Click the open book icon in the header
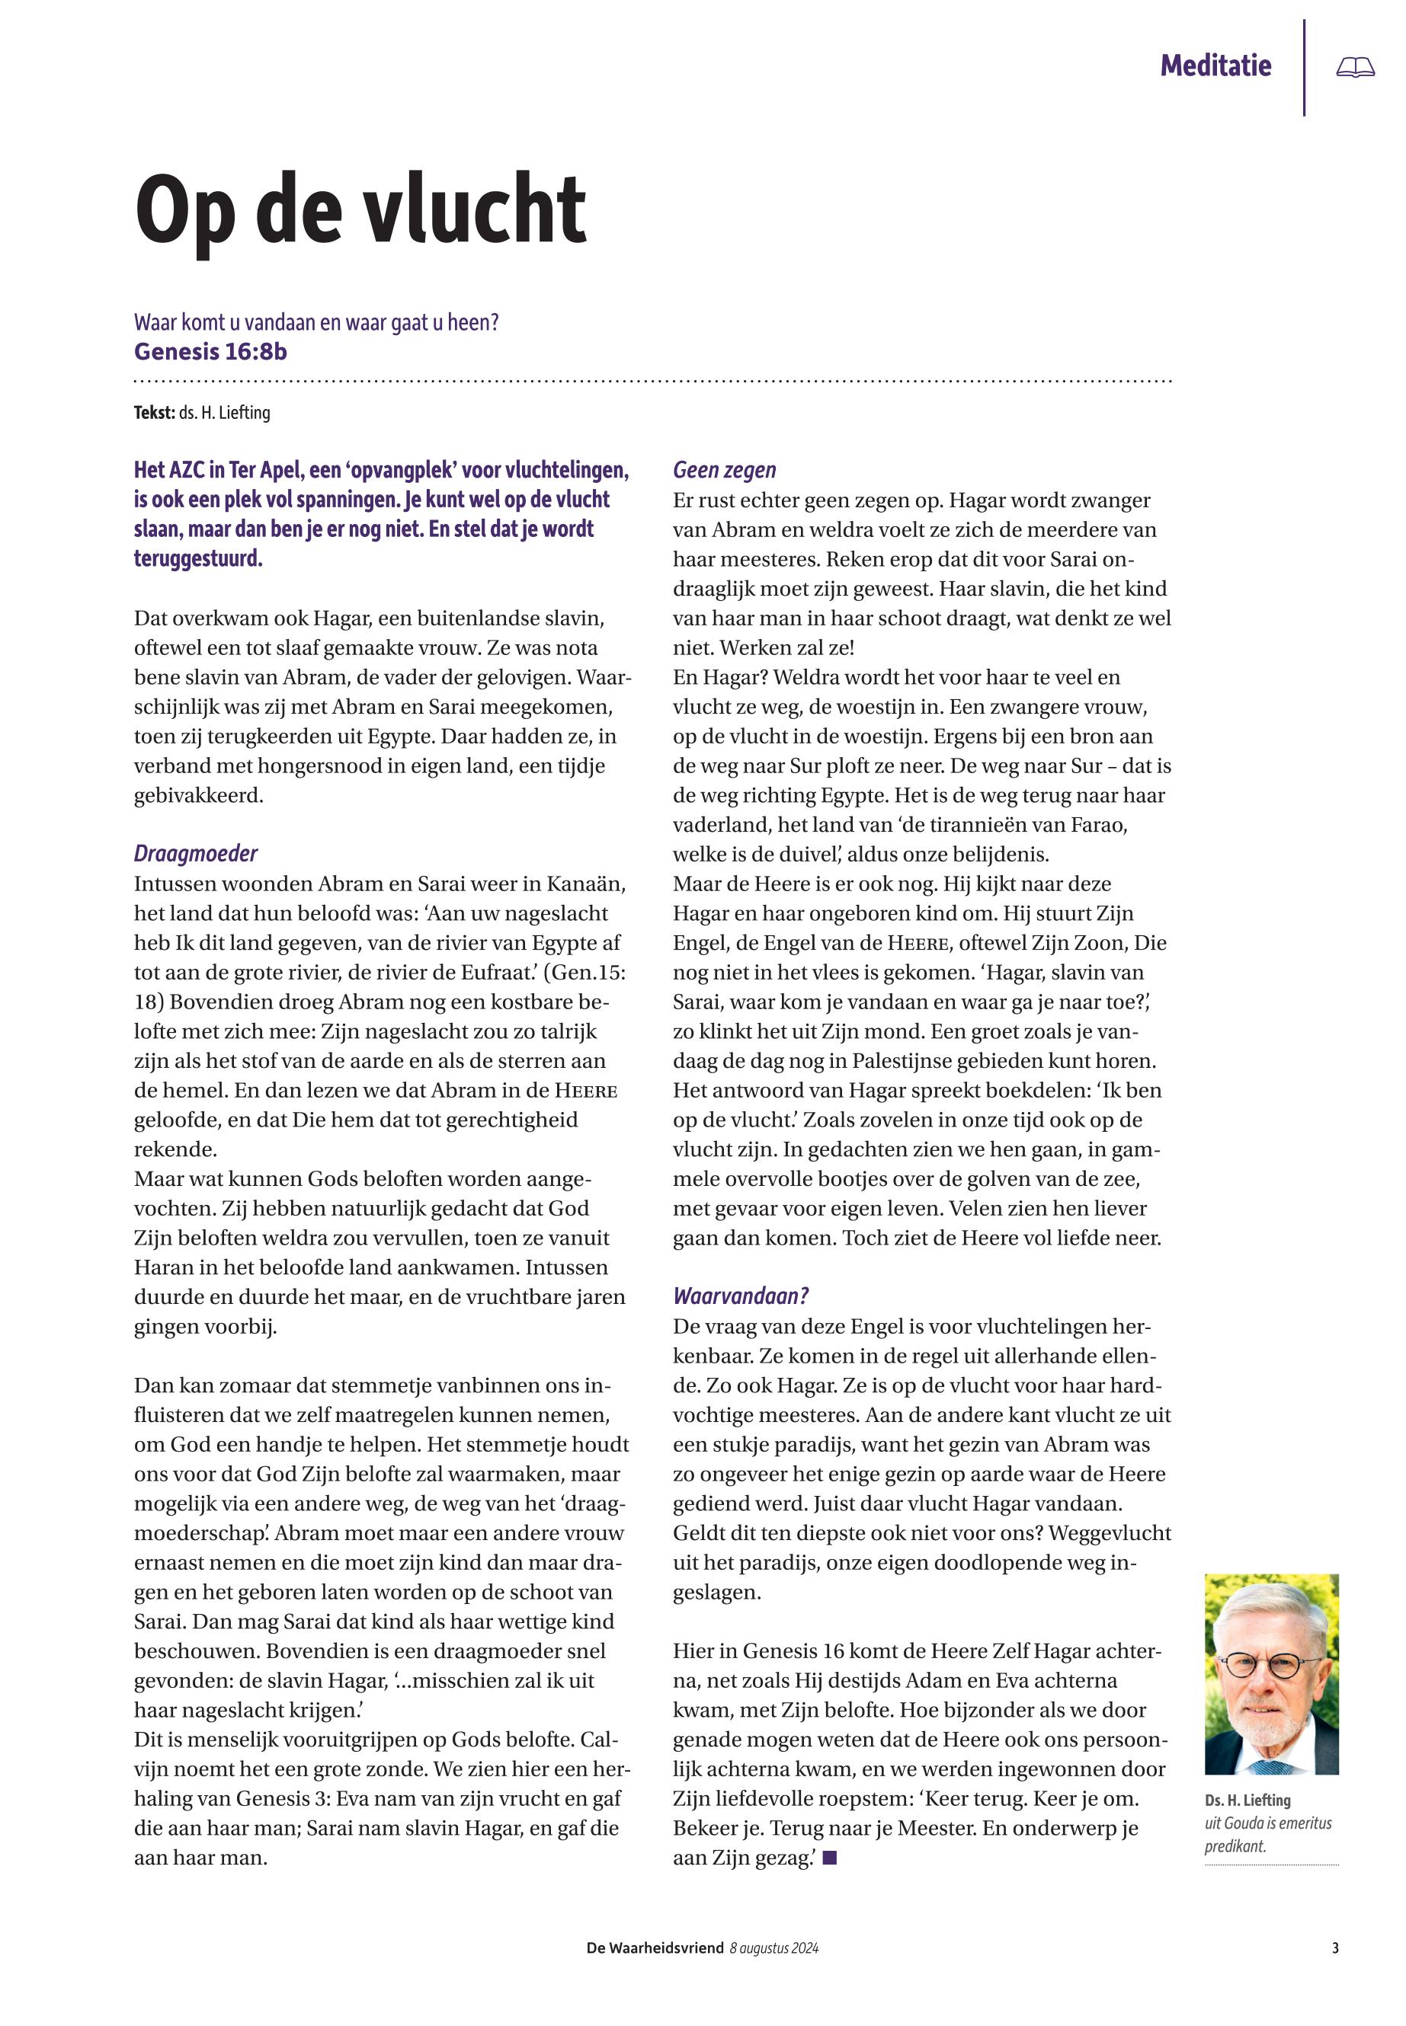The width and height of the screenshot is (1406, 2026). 1355,67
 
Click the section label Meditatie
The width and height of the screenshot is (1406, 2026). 1215,66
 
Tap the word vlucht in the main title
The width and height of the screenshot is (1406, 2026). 475,210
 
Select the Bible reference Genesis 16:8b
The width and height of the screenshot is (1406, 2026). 210,351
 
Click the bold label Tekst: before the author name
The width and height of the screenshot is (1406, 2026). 154,412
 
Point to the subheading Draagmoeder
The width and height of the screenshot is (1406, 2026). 196,853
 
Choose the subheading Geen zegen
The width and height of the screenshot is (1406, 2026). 724,470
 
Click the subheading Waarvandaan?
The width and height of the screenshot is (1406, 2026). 741,1296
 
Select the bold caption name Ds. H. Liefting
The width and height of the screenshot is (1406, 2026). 1247,1801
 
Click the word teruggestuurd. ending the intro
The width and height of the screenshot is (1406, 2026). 198,558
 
